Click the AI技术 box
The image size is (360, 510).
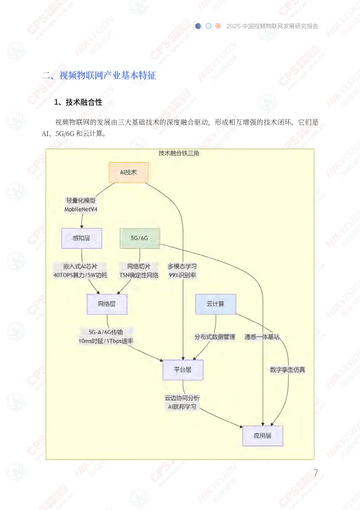point(129,172)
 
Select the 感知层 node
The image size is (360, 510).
point(82,238)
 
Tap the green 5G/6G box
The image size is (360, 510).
point(139,238)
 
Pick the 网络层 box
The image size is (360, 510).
point(107,304)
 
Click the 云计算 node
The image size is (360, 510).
point(216,304)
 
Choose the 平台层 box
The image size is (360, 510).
point(183,370)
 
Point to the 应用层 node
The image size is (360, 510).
point(263,436)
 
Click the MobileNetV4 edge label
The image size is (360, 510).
point(81,209)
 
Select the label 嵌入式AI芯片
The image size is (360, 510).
point(80,266)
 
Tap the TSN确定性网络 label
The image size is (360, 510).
point(139,275)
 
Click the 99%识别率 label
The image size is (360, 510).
point(182,275)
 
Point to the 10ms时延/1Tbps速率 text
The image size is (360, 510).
point(106,341)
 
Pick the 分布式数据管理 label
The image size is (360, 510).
point(215,337)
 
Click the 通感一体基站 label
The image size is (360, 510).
point(262,337)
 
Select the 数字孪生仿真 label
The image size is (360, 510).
point(287,370)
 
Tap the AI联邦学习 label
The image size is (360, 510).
point(182,407)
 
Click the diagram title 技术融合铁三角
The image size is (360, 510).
point(179,153)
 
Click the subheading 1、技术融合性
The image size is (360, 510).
point(78,102)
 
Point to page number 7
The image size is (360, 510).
point(316,473)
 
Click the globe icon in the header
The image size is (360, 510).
point(198,26)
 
